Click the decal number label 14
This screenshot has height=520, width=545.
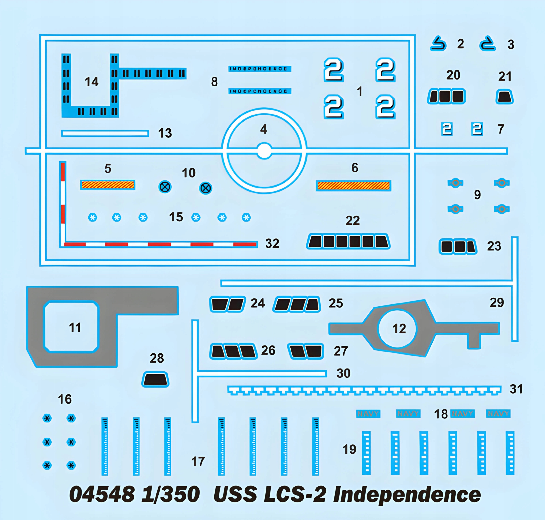coord(91,82)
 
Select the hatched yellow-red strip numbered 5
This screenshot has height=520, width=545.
coord(108,185)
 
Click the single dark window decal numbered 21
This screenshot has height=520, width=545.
coord(504,97)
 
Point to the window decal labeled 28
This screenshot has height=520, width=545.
coord(155,379)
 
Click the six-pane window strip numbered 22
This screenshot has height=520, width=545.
coord(348,241)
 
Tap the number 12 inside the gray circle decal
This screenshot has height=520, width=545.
coord(399,329)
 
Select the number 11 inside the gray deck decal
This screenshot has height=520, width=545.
coord(75,328)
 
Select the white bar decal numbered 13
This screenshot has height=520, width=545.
coord(105,134)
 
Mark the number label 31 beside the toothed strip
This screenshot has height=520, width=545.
coord(516,389)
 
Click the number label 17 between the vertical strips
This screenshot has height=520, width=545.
coord(198,461)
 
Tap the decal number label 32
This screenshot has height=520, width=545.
coord(272,243)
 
